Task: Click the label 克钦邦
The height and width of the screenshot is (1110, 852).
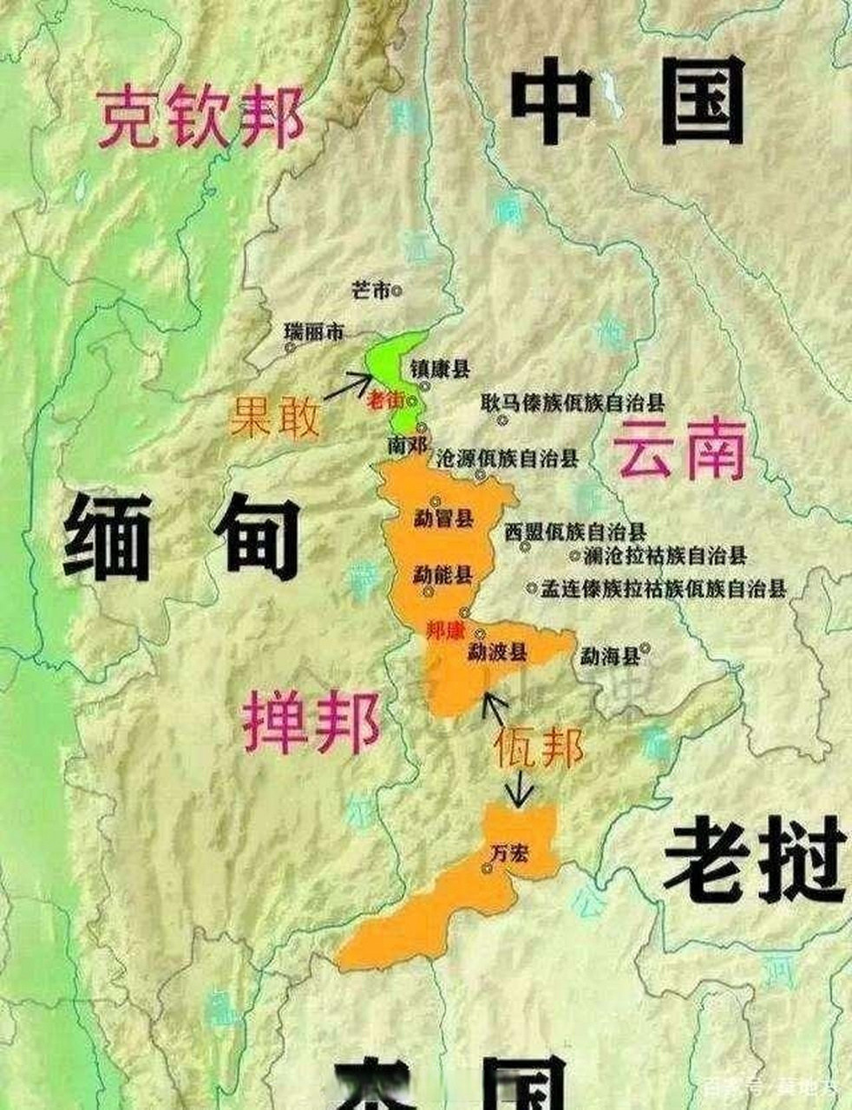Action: coord(200,117)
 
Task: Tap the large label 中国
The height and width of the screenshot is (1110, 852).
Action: coord(627,102)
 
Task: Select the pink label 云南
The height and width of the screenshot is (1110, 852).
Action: coord(679,448)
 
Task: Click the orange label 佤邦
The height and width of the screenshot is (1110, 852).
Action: coord(539,746)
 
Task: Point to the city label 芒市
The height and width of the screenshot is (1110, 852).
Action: coord(370,291)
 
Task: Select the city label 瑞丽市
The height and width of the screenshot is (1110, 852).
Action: coord(314,331)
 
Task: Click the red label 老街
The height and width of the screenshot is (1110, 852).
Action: coord(385,400)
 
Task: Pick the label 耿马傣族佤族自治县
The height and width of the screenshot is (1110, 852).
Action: coord(573,402)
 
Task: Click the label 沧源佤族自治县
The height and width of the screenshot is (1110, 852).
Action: coord(508,459)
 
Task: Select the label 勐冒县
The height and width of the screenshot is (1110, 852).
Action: coord(442,519)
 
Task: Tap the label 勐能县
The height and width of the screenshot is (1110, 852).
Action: coord(442,573)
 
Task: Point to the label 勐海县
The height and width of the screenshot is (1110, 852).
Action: coord(609,656)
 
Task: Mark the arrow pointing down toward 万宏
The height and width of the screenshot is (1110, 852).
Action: coord(521,790)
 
